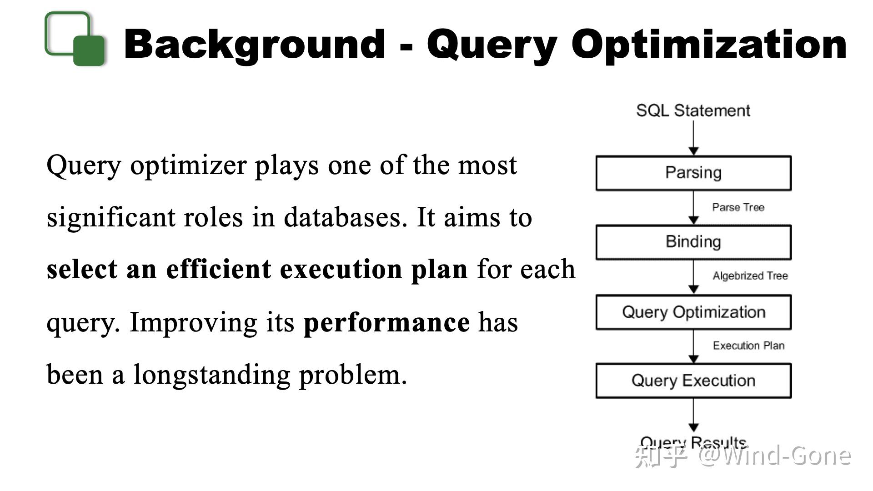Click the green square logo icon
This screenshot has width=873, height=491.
click(x=75, y=39)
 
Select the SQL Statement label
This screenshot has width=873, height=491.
click(x=693, y=110)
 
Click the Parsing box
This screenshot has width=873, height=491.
click(x=693, y=173)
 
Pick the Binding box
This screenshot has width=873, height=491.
click(x=693, y=242)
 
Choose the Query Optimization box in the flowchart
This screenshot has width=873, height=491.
click(x=693, y=312)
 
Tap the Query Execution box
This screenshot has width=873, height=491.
click(x=693, y=381)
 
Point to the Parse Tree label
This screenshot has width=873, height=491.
click(x=738, y=207)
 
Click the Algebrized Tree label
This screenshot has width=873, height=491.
click(x=750, y=276)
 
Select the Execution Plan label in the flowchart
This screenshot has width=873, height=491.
click(x=748, y=346)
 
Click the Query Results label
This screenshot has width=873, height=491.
click(x=693, y=442)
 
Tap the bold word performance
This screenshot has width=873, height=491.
click(x=386, y=323)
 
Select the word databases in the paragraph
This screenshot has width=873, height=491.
click(x=345, y=217)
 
